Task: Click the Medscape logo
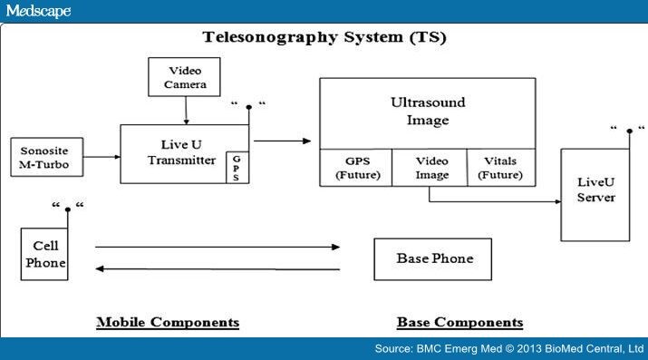[x=36, y=10]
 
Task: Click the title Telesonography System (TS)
[x=324, y=38]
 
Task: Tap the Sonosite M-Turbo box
[x=45, y=156]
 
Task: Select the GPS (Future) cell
[x=356, y=168]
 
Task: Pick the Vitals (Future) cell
[x=500, y=168]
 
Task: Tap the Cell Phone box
[x=45, y=255]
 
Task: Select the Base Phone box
[x=433, y=259]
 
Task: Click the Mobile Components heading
[x=168, y=323]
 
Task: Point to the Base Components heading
[x=459, y=323]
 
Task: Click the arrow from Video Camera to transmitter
[x=187, y=111]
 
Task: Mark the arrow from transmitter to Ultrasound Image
[x=283, y=141]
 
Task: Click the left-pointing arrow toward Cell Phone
[x=218, y=269]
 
